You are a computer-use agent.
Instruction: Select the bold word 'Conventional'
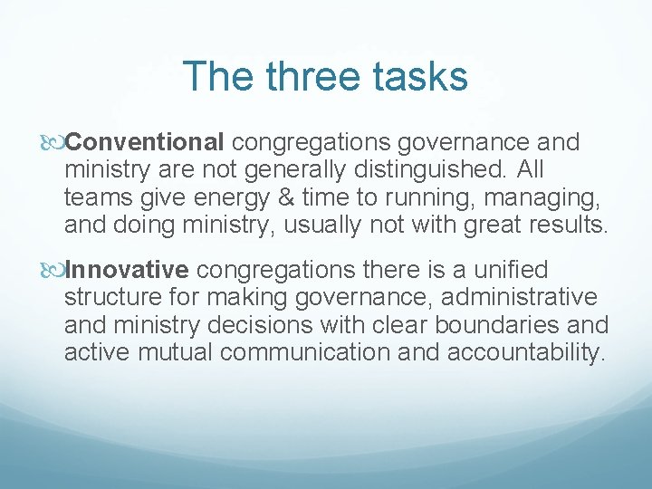coord(146,142)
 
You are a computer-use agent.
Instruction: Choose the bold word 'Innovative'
coord(128,270)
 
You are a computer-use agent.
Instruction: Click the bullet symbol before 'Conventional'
coord(56,143)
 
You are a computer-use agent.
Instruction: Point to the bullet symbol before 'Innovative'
coord(56,271)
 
